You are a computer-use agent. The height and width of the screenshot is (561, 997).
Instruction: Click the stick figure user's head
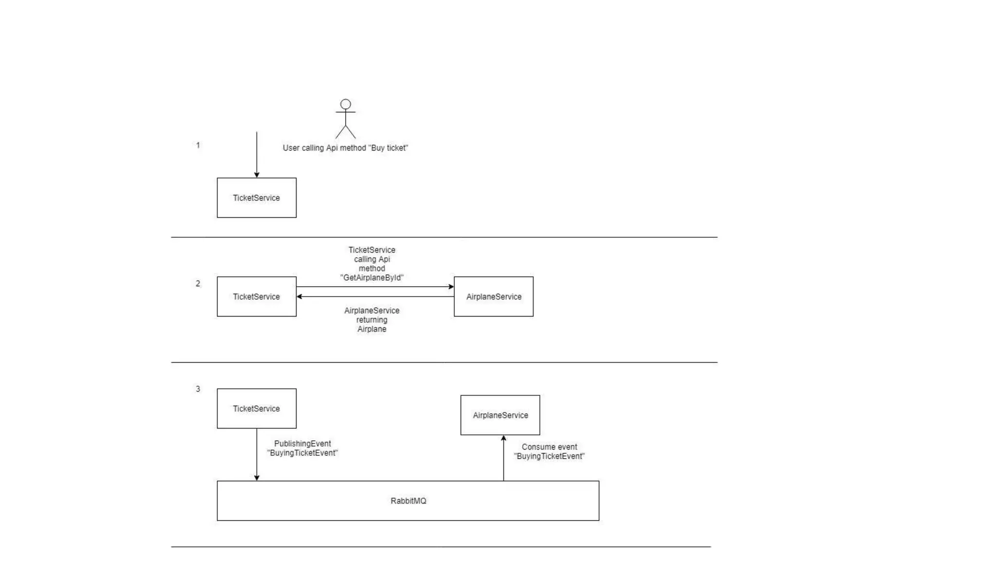tap(345, 104)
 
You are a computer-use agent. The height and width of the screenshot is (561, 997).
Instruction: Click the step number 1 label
tap(198, 145)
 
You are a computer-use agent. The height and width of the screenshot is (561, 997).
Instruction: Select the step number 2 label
tap(198, 283)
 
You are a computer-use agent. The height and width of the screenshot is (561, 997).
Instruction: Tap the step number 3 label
tap(198, 389)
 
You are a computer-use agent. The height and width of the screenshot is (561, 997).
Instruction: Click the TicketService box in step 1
tap(257, 198)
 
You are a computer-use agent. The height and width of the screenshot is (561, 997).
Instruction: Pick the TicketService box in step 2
tap(257, 297)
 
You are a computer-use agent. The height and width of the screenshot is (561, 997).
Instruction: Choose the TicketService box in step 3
tap(257, 409)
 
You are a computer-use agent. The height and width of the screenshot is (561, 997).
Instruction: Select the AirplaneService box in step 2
tap(494, 297)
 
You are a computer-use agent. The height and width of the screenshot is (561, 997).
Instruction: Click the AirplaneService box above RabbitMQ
tap(500, 415)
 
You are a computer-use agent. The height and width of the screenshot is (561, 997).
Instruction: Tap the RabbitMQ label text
tap(408, 501)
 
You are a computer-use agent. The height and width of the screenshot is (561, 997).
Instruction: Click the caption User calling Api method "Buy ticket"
tap(345, 148)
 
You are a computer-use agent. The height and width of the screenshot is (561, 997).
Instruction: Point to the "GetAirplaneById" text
tap(372, 278)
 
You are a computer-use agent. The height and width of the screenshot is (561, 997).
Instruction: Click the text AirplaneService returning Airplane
tap(372, 319)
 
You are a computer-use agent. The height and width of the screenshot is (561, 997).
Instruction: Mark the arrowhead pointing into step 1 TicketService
tap(257, 175)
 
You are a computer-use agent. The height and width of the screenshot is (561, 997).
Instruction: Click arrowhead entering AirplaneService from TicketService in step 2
tap(451, 287)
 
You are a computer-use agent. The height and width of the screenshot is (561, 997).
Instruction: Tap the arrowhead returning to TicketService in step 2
tap(299, 296)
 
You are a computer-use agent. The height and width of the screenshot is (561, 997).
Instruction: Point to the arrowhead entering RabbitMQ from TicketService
tap(257, 478)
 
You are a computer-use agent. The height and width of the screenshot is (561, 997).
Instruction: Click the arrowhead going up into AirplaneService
tap(503, 438)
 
